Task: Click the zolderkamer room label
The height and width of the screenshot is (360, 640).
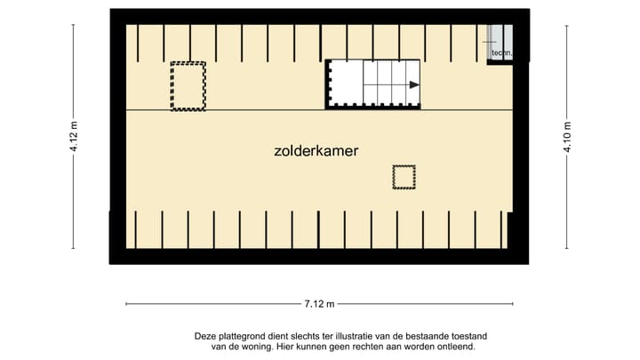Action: pos(316,151)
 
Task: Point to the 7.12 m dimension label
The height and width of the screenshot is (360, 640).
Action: pos(319,304)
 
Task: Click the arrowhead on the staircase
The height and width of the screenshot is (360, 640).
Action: pos(414,84)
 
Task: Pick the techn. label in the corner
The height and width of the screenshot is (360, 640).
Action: pos(500,53)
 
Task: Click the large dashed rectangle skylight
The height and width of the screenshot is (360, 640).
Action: pos(188,86)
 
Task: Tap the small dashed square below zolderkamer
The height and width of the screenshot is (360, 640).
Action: pos(404,177)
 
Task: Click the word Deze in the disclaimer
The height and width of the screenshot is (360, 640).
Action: pos(205,336)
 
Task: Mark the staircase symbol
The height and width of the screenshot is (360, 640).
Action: pos(373,84)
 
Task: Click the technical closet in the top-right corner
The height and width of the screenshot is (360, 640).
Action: pos(500,41)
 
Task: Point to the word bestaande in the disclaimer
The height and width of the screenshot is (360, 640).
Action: pos(388,336)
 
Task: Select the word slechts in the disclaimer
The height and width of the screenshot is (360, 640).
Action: pos(306,336)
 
